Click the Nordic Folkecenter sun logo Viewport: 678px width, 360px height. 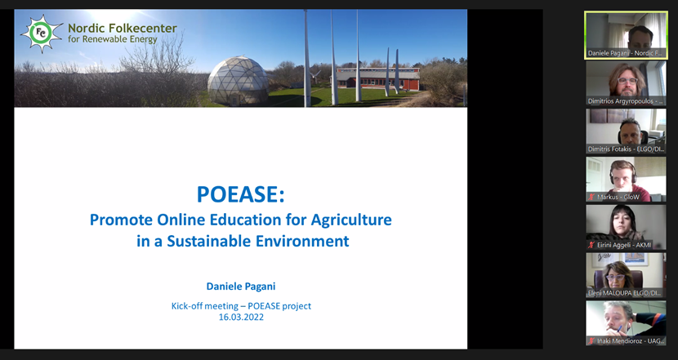click(x=40, y=33)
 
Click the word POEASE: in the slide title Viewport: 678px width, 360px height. click(x=240, y=195)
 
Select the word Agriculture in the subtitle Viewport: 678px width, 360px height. click(x=345, y=220)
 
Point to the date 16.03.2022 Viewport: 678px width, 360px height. click(x=241, y=318)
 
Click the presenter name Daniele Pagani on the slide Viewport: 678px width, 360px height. click(x=241, y=286)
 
